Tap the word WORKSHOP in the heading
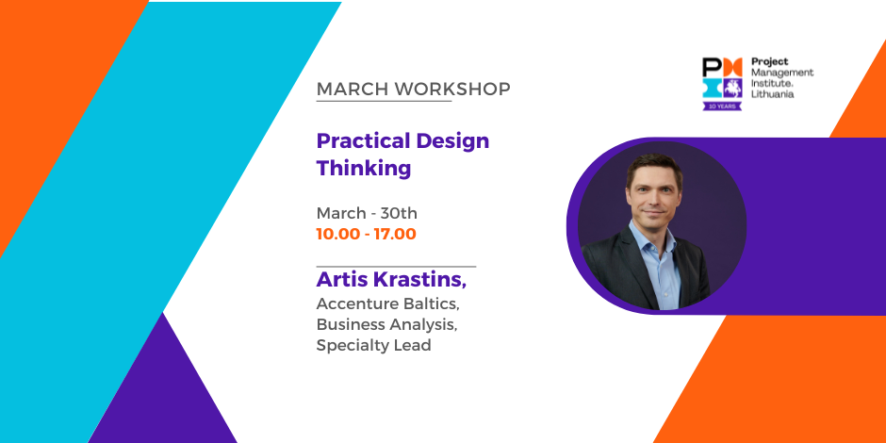pyautogui.click(x=452, y=90)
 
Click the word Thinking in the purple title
pyautogui.click(x=363, y=169)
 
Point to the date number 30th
pyautogui.click(x=399, y=213)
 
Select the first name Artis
pyautogui.click(x=339, y=279)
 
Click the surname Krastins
pyautogui.click(x=417, y=279)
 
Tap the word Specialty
pyautogui.click(x=347, y=345)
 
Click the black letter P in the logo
pyautogui.click(x=712, y=67)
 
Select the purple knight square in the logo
pyautogui.click(x=732, y=88)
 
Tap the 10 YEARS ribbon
pyautogui.click(x=722, y=106)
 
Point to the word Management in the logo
pyautogui.click(x=782, y=73)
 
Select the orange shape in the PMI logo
pyautogui.click(x=732, y=67)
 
